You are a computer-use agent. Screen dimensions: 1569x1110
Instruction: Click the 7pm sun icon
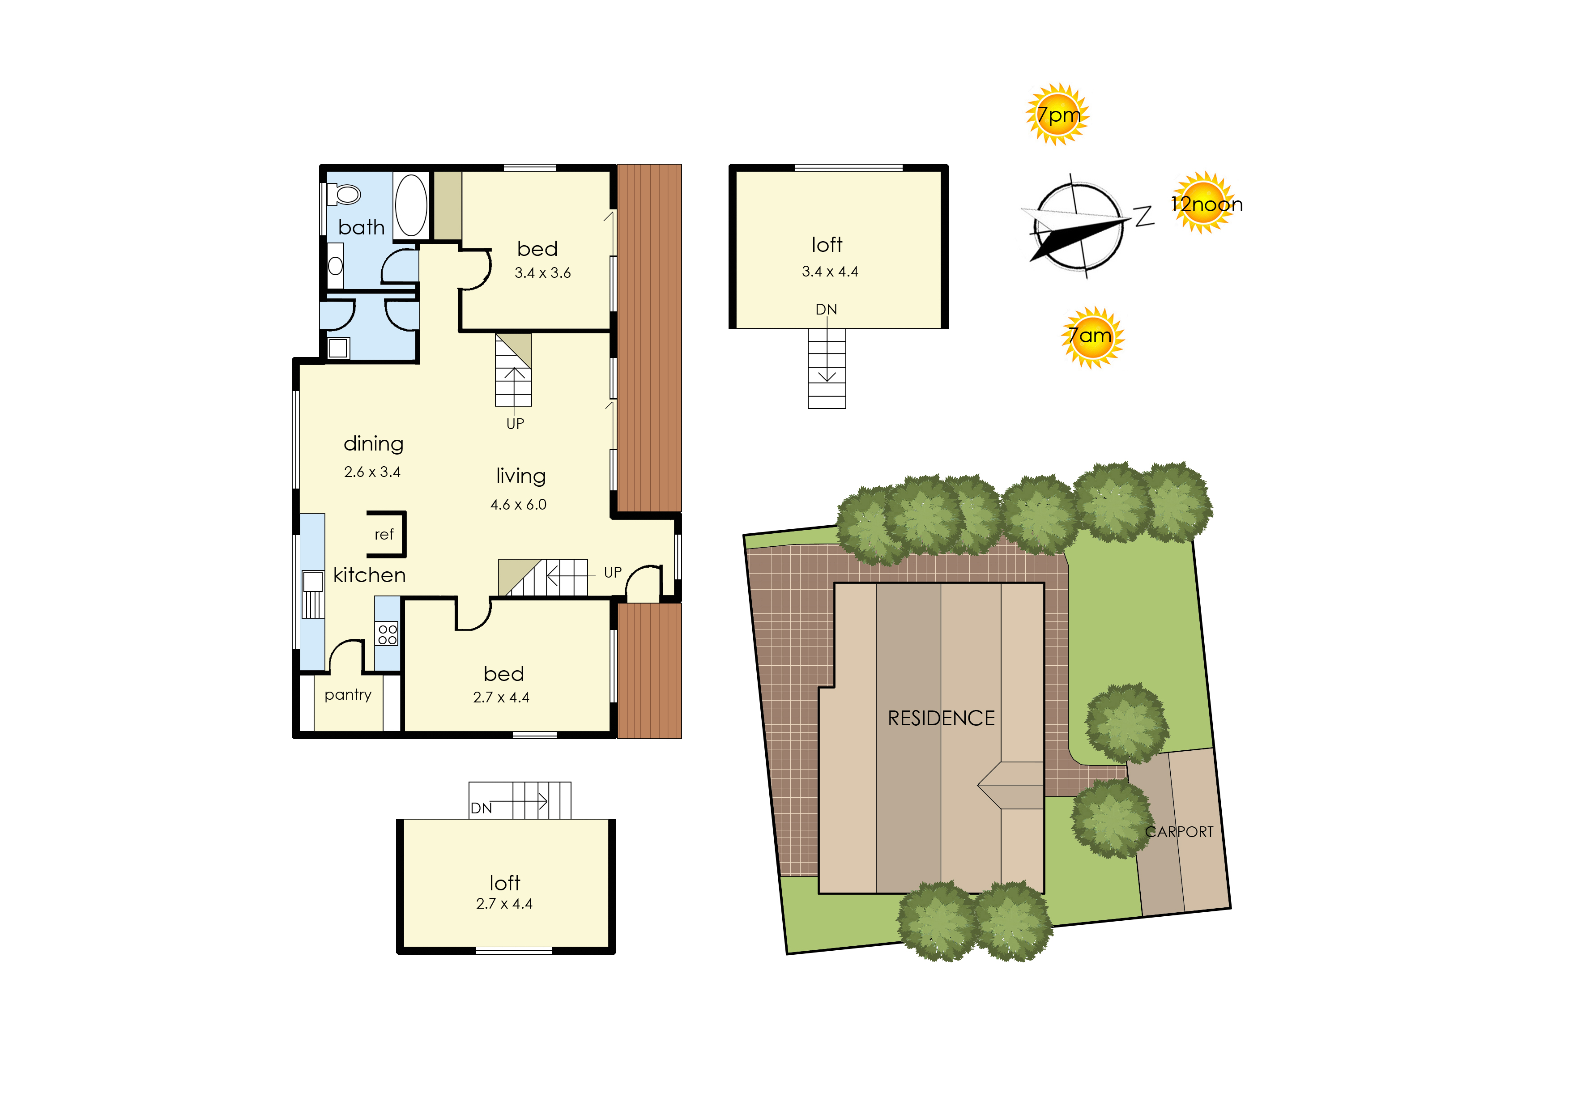pyautogui.click(x=1057, y=114)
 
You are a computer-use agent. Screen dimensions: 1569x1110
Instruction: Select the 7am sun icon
pyautogui.click(x=1092, y=337)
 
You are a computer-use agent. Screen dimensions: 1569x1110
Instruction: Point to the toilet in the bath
pyautogui.click(x=344, y=195)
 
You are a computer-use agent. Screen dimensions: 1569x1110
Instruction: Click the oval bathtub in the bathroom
pyautogui.click(x=411, y=205)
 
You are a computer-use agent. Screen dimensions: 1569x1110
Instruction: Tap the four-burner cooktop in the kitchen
pyautogui.click(x=387, y=634)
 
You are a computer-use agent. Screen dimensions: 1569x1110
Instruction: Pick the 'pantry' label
pyautogui.click(x=348, y=695)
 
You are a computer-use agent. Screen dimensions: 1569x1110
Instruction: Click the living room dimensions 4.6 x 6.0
pyautogui.click(x=518, y=504)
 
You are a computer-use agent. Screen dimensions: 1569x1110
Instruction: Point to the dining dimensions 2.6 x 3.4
pyautogui.click(x=372, y=472)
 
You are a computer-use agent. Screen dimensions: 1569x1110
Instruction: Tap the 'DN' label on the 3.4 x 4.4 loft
pyautogui.click(x=826, y=309)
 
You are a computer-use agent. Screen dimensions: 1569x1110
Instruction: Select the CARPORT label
pyautogui.click(x=1179, y=831)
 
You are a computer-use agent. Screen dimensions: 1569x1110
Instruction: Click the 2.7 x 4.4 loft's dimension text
pyautogui.click(x=504, y=904)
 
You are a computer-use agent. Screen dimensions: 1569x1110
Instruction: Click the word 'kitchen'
pyautogui.click(x=369, y=575)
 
